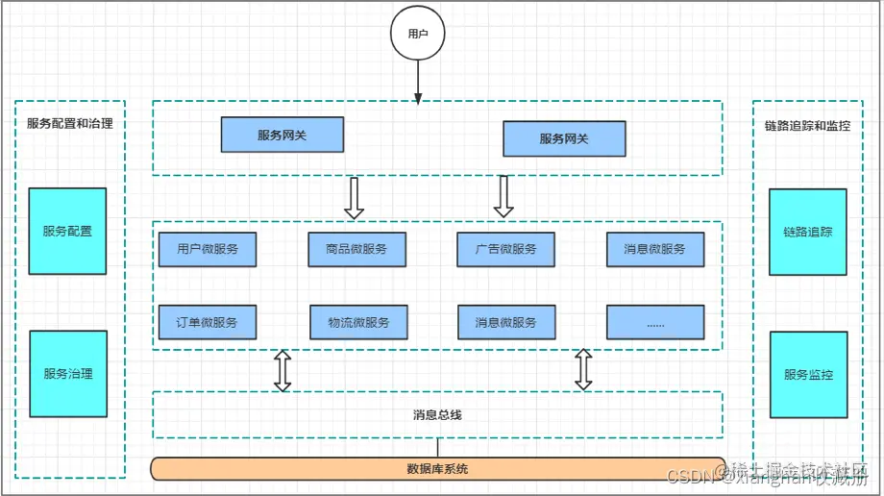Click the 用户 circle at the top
pyautogui.click(x=417, y=34)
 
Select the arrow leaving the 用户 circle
pyautogui.click(x=417, y=80)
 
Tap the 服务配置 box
pyautogui.click(x=67, y=231)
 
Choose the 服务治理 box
pyautogui.click(x=68, y=374)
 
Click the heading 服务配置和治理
pyautogui.click(x=69, y=123)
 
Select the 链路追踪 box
pyautogui.click(x=808, y=232)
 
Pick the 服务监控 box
pyautogui.click(x=808, y=375)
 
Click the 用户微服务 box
pyautogui.click(x=208, y=249)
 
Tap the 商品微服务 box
pyautogui.click(x=356, y=249)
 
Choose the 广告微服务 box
pyautogui.click(x=505, y=249)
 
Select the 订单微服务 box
pyautogui.click(x=208, y=322)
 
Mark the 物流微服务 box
pyautogui.click(x=358, y=322)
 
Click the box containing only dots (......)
pyautogui.click(x=655, y=322)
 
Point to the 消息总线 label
pyautogui.click(x=437, y=415)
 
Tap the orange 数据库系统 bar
pyautogui.click(x=437, y=469)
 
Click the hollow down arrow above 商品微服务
pyautogui.click(x=354, y=197)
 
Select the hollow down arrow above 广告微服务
pyautogui.click(x=503, y=197)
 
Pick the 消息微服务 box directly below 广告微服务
pyautogui.click(x=505, y=322)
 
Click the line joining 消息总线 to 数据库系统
pyautogui.click(x=438, y=447)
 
